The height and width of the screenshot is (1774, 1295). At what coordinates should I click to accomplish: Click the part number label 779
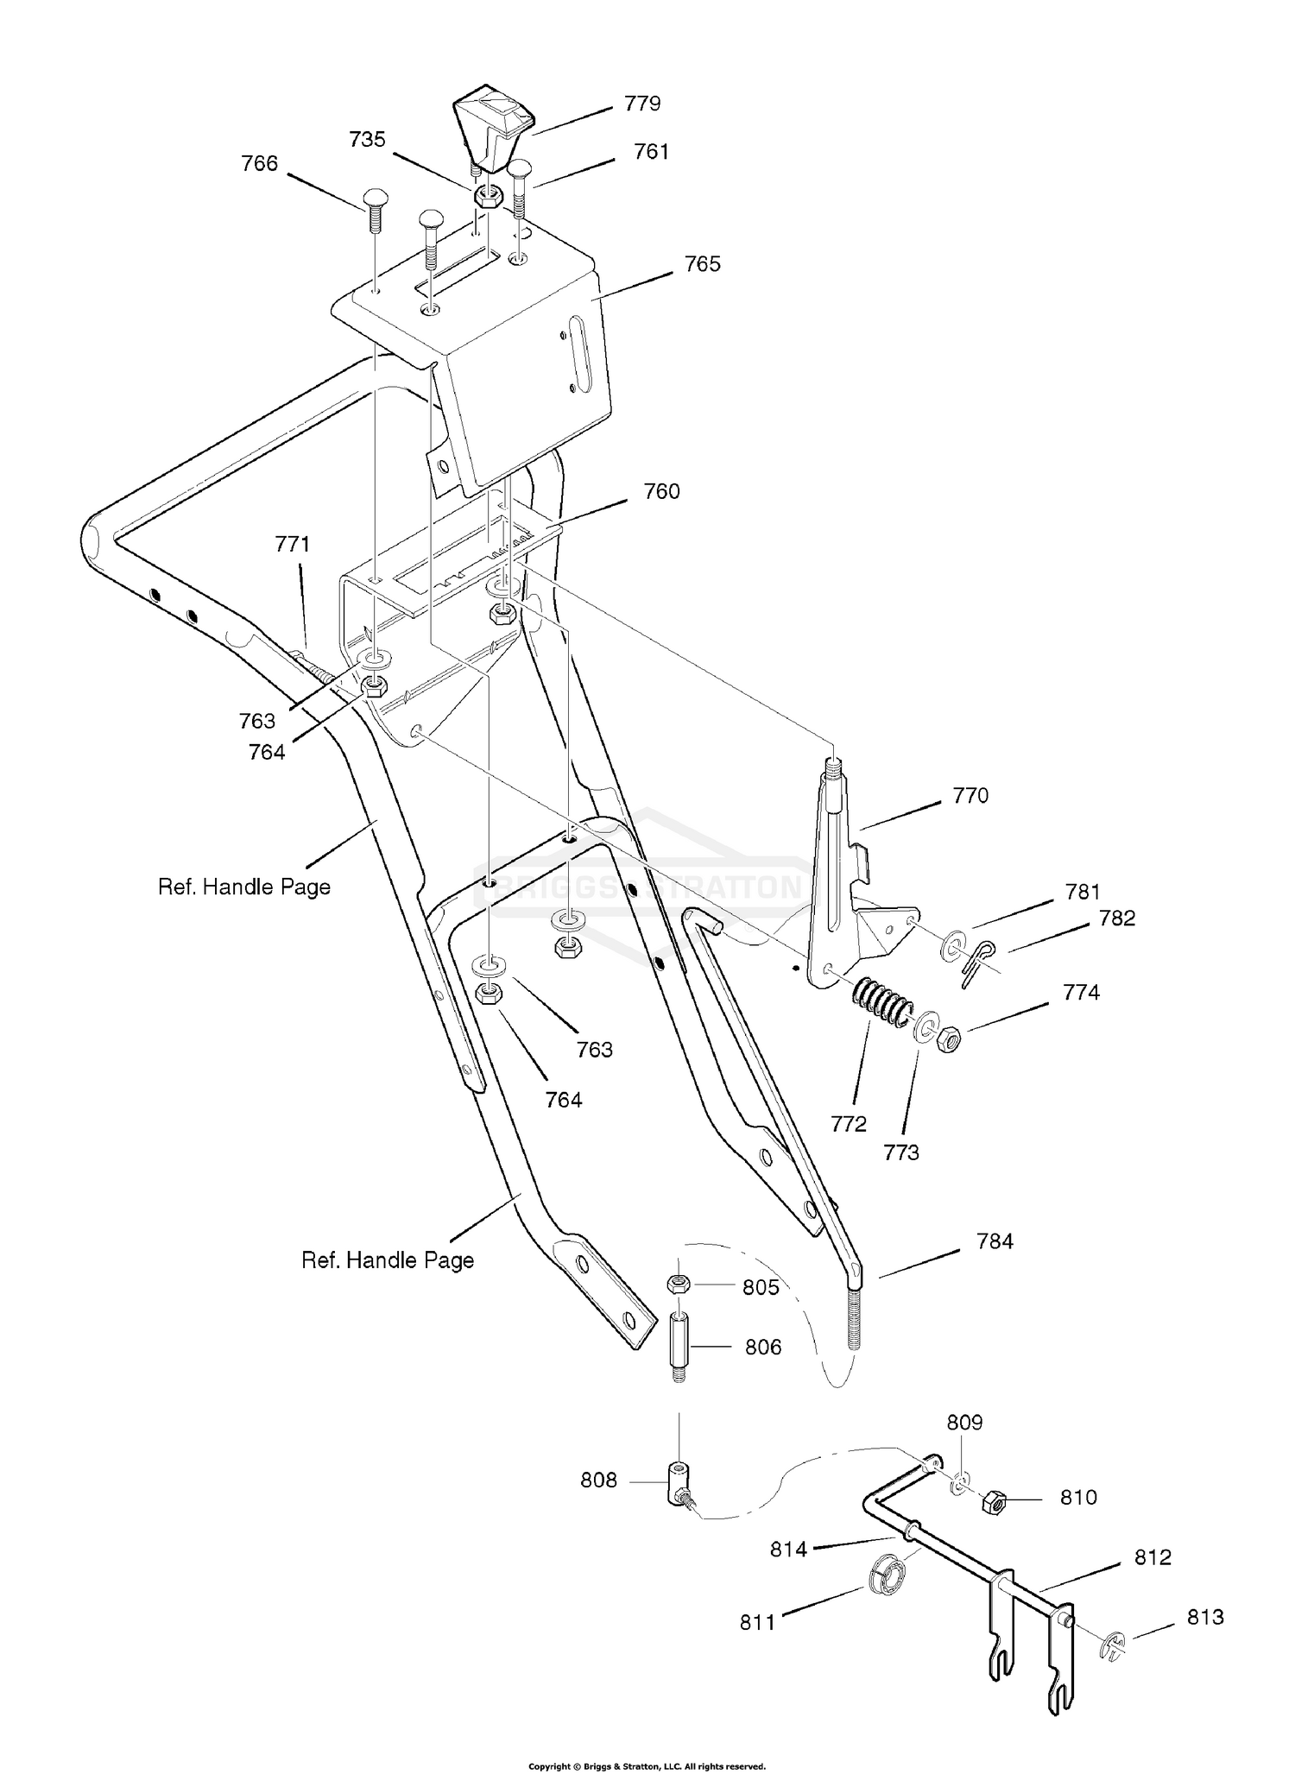642,104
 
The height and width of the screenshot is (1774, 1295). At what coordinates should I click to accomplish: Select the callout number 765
702,264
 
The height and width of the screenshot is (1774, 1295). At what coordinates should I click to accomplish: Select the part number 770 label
970,795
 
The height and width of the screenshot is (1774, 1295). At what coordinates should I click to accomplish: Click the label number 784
995,1241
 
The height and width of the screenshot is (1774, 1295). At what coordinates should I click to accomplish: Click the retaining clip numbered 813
1113,1645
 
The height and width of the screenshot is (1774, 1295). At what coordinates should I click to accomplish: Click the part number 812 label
1153,1556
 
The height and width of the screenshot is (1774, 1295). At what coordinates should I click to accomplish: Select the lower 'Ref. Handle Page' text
388,1260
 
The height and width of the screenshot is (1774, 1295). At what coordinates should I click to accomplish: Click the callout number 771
293,544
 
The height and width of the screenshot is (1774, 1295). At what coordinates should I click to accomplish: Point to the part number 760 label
661,491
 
